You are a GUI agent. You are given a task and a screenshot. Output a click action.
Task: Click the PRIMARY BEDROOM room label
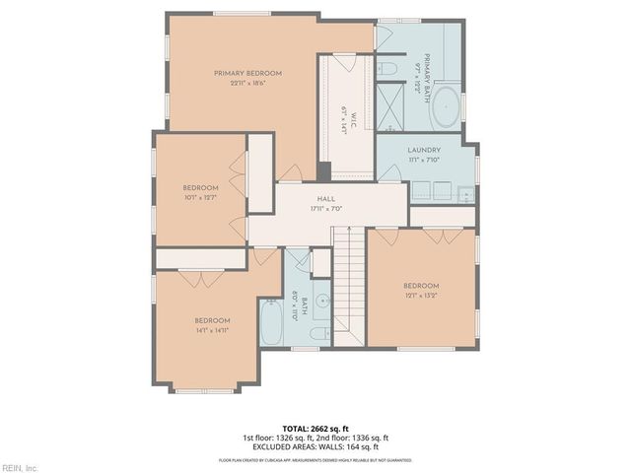[x=248, y=73]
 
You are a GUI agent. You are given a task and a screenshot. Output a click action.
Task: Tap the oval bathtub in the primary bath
[x=447, y=105]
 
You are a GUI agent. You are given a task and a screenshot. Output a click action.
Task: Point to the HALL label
[x=325, y=199]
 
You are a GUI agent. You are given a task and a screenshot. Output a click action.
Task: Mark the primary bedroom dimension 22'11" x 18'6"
[x=248, y=83]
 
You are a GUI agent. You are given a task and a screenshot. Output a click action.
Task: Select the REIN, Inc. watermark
[x=19, y=467]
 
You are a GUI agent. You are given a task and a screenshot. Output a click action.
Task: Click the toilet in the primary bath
[x=387, y=68]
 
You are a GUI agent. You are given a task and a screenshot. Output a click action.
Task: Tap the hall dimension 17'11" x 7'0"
[x=325, y=209]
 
